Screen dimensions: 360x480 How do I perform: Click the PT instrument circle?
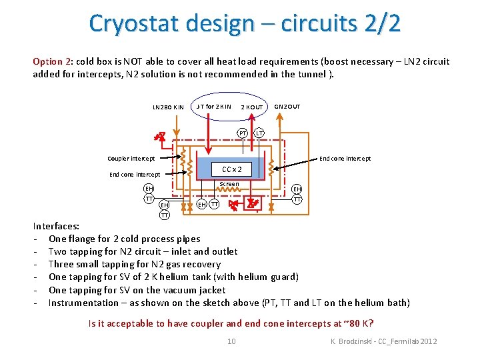[x=244, y=133]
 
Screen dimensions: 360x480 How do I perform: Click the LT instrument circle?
[x=259, y=133]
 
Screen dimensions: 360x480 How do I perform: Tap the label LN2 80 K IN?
[x=168, y=107]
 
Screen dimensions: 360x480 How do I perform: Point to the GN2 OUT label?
[x=287, y=107]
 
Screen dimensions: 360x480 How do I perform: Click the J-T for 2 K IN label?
[x=213, y=107]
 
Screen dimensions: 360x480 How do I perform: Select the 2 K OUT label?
[x=251, y=107]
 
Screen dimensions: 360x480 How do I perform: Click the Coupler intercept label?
[x=131, y=159]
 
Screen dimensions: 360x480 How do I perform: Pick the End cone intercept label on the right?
[x=345, y=159]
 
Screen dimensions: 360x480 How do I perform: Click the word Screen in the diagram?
[x=229, y=184]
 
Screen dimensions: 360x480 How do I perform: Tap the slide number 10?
[x=231, y=341]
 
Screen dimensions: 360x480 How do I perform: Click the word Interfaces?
[x=57, y=226]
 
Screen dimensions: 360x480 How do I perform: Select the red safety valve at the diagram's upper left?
[x=160, y=137]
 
